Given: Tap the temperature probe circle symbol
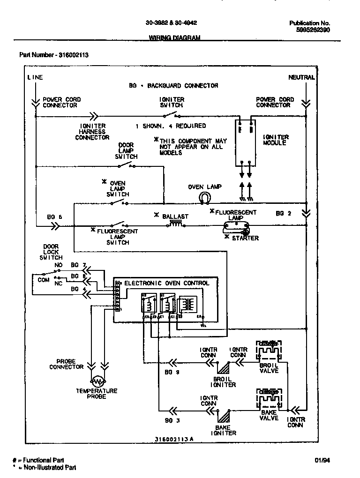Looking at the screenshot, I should tap(97, 381).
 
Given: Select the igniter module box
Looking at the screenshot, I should tap(245, 142).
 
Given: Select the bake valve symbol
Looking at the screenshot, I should tap(269, 399).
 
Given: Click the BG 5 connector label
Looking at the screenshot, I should tap(54, 217).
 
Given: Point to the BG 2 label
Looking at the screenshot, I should tap(283, 213).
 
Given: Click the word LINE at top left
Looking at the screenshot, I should tap(35, 77).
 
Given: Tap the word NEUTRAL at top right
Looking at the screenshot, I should tap(301, 77).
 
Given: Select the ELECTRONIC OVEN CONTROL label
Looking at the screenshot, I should tap(166, 283).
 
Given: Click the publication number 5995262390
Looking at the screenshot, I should tap(313, 29).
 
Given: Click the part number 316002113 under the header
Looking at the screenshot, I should tap(74, 55).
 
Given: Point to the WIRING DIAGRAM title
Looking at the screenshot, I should tap(174, 37).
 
